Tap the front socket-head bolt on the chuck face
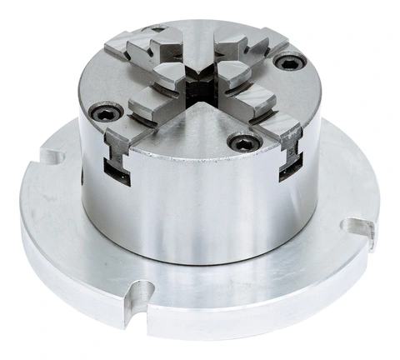point(242,143)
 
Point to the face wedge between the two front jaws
point(200,129)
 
